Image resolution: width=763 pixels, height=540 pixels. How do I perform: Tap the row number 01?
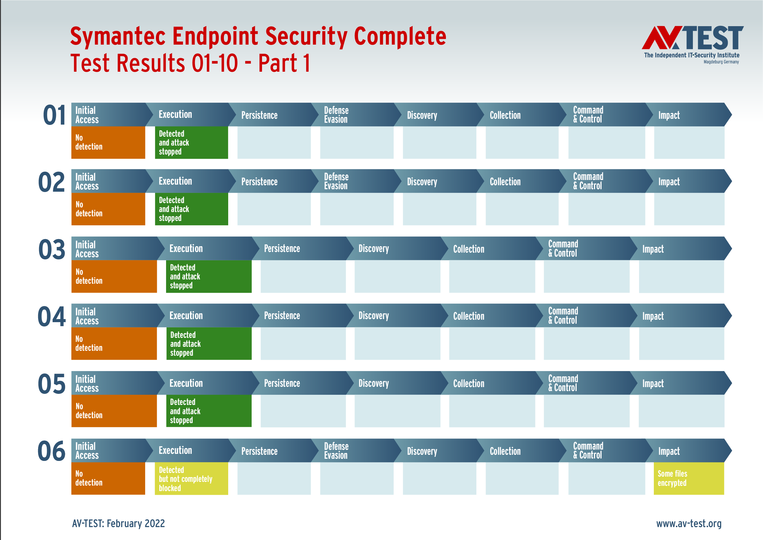click(x=54, y=115)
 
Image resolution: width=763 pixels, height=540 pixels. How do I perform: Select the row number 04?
click(x=52, y=317)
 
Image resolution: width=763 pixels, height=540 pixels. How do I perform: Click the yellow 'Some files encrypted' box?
click(x=689, y=478)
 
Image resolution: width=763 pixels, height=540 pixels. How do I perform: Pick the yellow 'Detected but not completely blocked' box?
click(x=191, y=478)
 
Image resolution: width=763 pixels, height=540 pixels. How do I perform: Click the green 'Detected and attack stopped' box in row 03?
click(x=209, y=276)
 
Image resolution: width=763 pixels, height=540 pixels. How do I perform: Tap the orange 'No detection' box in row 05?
click(x=114, y=411)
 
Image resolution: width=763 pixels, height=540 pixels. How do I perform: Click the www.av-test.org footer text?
click(x=689, y=523)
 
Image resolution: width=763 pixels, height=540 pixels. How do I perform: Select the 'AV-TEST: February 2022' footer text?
click(x=118, y=523)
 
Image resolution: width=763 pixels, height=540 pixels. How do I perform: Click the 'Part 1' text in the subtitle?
click(x=284, y=63)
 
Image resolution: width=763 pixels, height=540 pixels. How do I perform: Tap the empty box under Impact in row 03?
click(x=681, y=276)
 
